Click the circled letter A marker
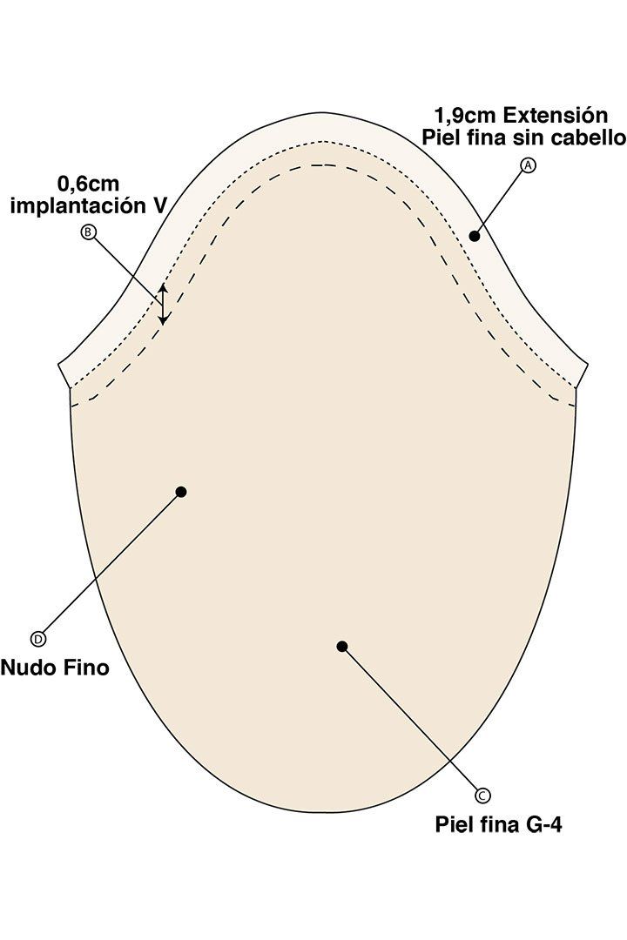click(x=528, y=164)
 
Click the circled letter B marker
click(x=88, y=232)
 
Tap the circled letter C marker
click(x=482, y=795)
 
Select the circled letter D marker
click(x=37, y=639)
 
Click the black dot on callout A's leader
click(x=474, y=236)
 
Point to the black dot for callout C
click(x=342, y=646)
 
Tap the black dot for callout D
click(x=181, y=492)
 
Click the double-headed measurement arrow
click(x=162, y=305)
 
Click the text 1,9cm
click(x=466, y=115)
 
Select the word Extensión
click(x=547, y=115)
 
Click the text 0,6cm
click(x=88, y=183)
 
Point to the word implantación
click(x=78, y=205)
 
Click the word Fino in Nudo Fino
click(x=86, y=668)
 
